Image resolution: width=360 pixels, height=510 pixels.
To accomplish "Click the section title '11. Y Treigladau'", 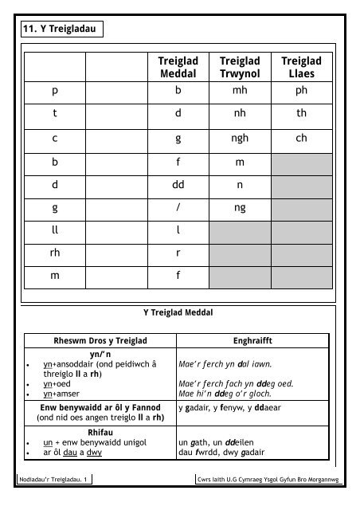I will tap(61, 32).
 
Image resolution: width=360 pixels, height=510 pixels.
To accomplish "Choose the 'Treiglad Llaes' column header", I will tap(301, 68).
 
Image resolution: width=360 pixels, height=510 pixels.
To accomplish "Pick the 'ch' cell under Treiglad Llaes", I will tap(301, 138).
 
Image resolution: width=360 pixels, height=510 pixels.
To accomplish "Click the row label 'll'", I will tap(55, 229).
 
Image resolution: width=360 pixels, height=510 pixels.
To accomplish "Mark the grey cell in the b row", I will tap(301, 164).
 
